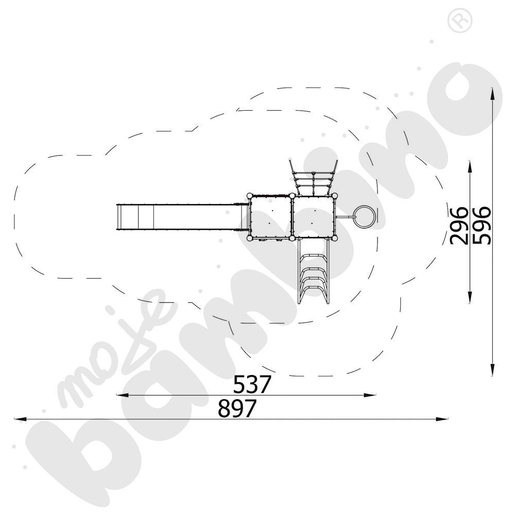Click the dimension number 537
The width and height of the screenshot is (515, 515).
click(252, 384)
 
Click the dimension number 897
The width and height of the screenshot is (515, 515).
click(237, 409)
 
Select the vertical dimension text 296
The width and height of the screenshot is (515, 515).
click(458, 225)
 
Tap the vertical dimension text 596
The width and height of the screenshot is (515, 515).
click(482, 225)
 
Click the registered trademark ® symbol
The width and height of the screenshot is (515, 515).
click(456, 21)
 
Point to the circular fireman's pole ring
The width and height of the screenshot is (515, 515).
click(365, 217)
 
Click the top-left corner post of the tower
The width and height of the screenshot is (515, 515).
click(250, 196)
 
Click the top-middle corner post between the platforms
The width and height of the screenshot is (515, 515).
click(292, 196)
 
